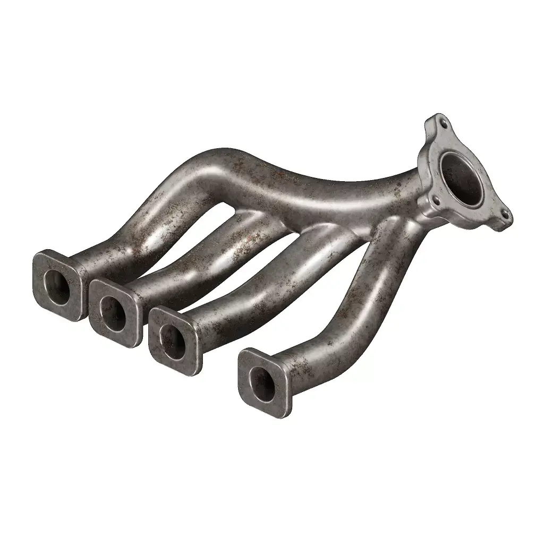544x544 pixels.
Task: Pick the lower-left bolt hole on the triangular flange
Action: pos(436,200)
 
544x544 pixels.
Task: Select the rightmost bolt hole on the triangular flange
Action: pos(504,216)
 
